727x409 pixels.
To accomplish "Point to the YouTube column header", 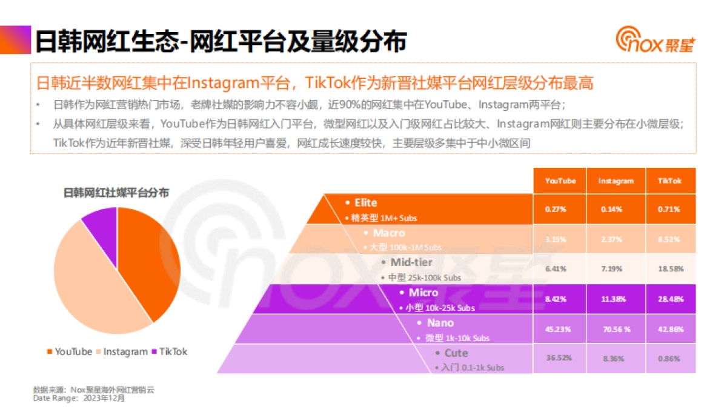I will (x=560, y=181).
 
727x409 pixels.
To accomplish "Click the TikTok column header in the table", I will (x=669, y=181).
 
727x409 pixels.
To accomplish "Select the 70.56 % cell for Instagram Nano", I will (x=616, y=328).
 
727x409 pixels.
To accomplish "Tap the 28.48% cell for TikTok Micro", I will (x=669, y=299).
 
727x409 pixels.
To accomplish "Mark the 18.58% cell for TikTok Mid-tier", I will (x=669, y=268).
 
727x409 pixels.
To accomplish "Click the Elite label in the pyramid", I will (x=365, y=202).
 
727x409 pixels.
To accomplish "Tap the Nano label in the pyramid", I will (x=439, y=323).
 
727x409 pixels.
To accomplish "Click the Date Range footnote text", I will (x=79, y=398).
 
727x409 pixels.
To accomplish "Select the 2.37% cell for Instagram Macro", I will (x=616, y=239).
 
